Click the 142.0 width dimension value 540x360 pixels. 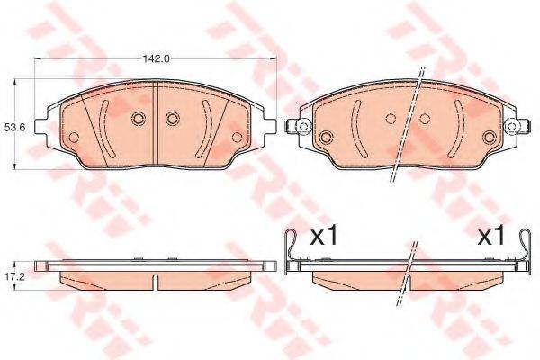156,58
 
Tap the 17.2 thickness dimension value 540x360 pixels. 11,276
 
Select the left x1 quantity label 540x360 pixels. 324,237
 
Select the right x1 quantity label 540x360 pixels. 490,237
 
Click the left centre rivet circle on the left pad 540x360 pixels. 138,119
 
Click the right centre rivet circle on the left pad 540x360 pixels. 173,119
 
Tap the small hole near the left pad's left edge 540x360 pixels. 74,138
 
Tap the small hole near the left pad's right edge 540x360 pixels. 237,138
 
